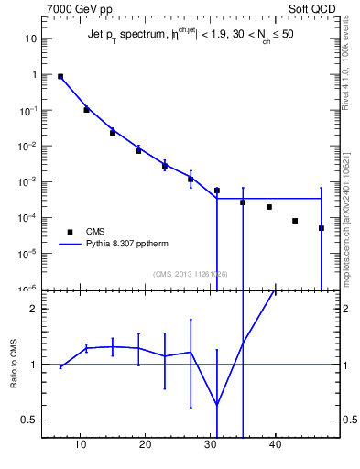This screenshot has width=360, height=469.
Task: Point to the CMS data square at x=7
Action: (x=60, y=77)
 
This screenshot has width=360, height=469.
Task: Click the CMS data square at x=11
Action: (x=86, y=110)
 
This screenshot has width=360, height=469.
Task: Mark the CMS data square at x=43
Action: (x=295, y=221)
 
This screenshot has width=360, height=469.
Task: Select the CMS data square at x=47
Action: (x=322, y=228)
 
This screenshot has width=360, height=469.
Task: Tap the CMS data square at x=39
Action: (x=269, y=207)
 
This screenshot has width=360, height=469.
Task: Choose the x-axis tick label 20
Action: (x=145, y=445)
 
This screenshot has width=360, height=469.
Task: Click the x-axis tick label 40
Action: (x=275, y=445)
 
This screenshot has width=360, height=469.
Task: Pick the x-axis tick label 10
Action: (x=81, y=445)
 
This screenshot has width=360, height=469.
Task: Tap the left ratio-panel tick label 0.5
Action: (x=28, y=420)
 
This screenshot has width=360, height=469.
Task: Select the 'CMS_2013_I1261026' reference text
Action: (x=191, y=274)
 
